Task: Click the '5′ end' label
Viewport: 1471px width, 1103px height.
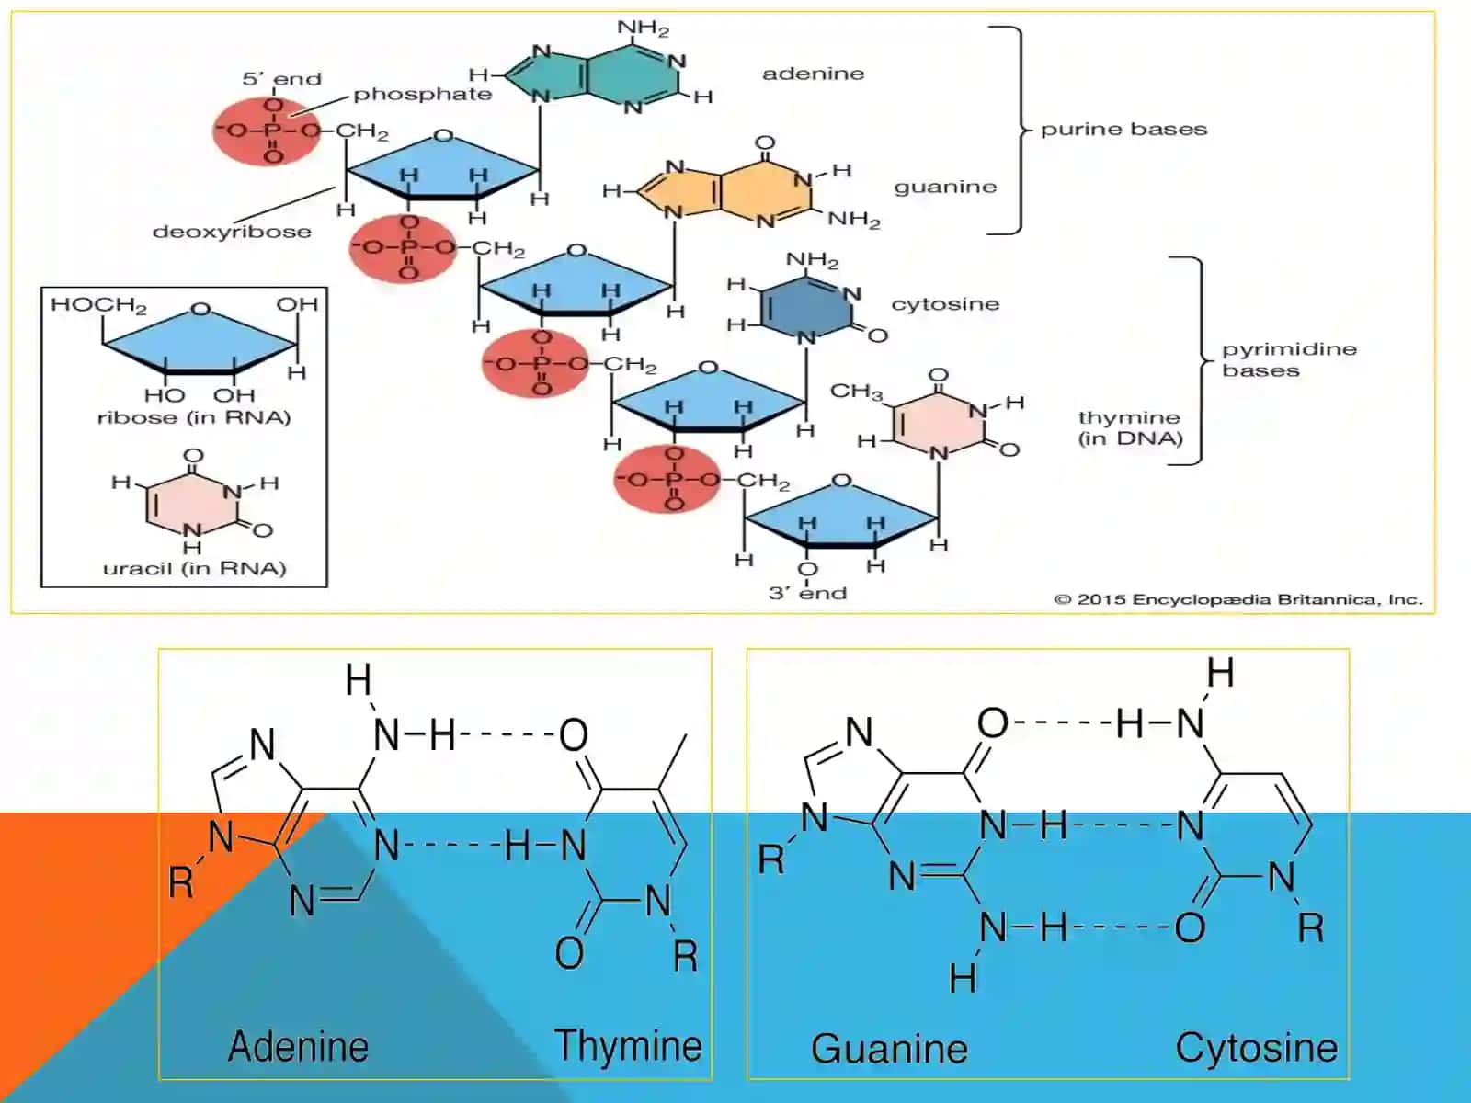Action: click(281, 79)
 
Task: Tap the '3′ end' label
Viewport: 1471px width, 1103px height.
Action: click(807, 594)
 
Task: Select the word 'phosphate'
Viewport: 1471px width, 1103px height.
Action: click(423, 95)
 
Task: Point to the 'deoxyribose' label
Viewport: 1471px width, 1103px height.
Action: click(232, 232)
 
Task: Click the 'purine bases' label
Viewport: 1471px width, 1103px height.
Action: click(1123, 130)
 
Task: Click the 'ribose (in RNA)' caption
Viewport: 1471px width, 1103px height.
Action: click(194, 418)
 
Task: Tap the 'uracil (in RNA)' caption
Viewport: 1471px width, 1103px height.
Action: click(194, 569)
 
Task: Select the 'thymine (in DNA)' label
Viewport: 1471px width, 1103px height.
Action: click(1130, 428)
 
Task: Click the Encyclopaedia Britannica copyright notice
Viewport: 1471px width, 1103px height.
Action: click(1237, 599)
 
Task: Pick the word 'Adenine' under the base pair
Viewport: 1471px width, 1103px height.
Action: click(298, 1046)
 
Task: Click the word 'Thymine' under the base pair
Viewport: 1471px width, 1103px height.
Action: click(628, 1046)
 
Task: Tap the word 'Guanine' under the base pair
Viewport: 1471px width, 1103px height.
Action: click(889, 1049)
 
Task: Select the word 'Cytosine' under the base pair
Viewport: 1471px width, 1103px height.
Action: click(1257, 1048)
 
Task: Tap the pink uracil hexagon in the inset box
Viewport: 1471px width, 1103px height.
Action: click(193, 501)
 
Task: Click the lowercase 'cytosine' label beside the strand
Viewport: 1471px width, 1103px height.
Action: click(945, 305)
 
